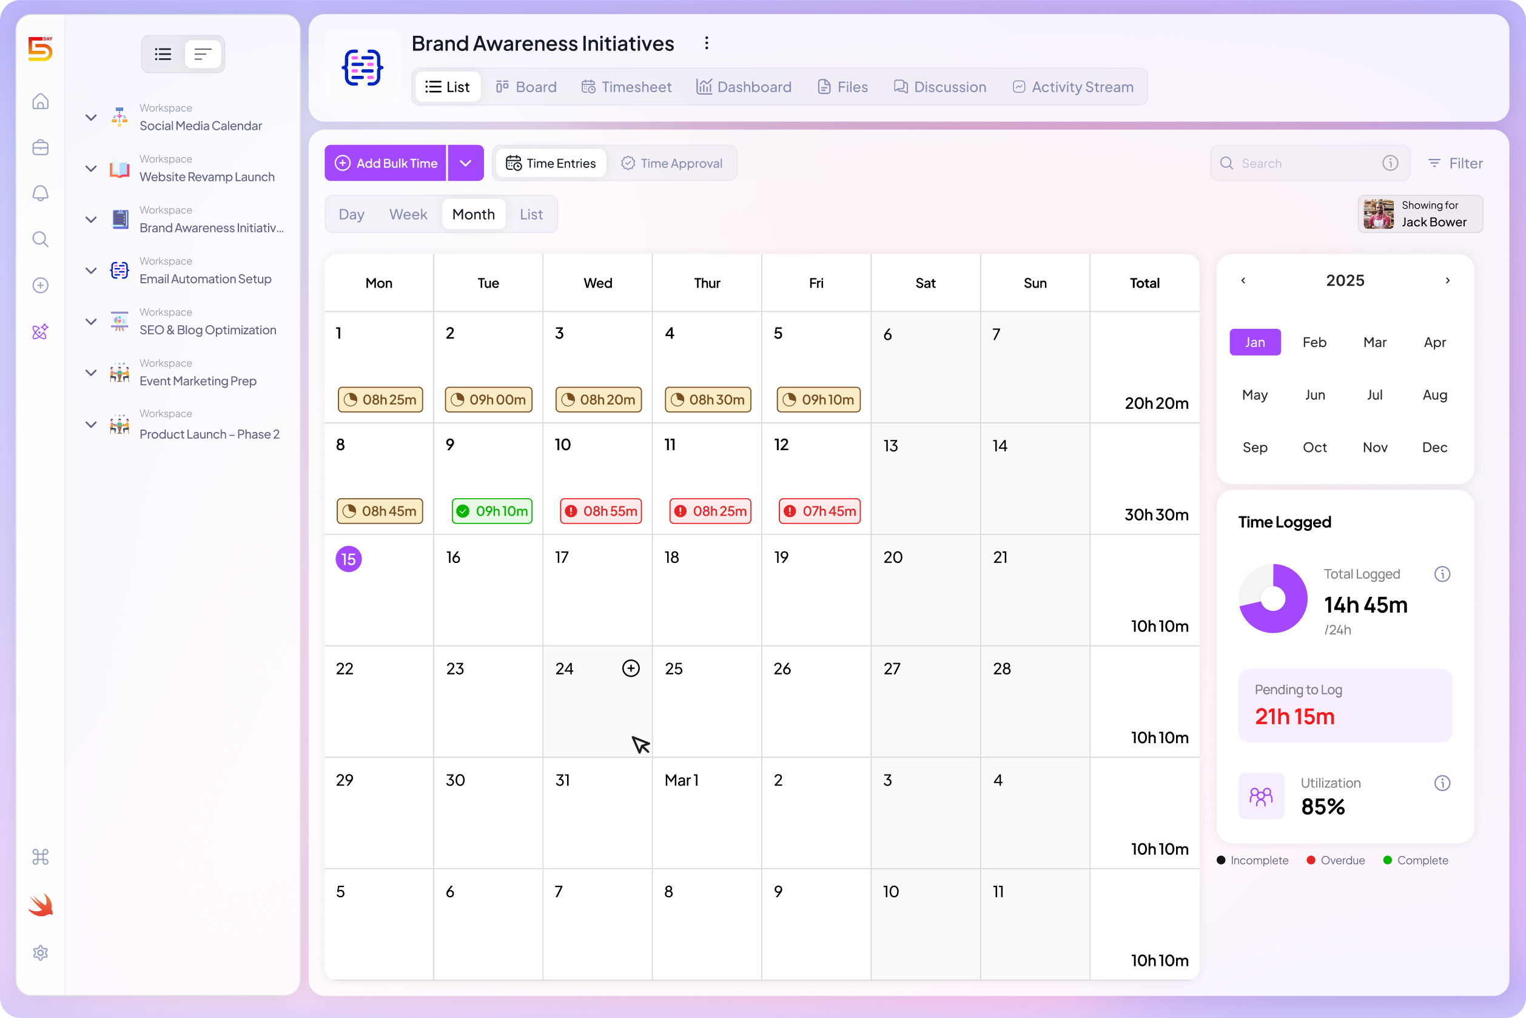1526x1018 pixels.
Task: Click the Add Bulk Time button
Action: pyautogui.click(x=386, y=163)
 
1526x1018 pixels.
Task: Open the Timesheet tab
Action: pyautogui.click(x=627, y=87)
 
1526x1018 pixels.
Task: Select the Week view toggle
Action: pyautogui.click(x=408, y=214)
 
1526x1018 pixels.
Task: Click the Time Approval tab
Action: pyautogui.click(x=672, y=163)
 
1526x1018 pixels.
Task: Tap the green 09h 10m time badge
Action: pyautogui.click(x=492, y=511)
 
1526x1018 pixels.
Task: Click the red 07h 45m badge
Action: pyautogui.click(x=819, y=511)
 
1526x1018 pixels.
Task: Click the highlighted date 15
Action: pyautogui.click(x=349, y=559)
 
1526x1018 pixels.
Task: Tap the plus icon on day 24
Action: pyautogui.click(x=631, y=668)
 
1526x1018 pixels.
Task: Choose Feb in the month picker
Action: pyautogui.click(x=1314, y=342)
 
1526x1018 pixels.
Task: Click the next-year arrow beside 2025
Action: pyautogui.click(x=1448, y=280)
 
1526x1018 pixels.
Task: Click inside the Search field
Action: pyautogui.click(x=1305, y=163)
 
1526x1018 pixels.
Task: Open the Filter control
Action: pyautogui.click(x=1456, y=163)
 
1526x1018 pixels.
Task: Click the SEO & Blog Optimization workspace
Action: pyautogui.click(x=207, y=330)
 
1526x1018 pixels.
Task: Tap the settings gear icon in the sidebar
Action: pyautogui.click(x=40, y=952)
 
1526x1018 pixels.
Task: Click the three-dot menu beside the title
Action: pyautogui.click(x=707, y=44)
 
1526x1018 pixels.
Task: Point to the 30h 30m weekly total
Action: pyautogui.click(x=1156, y=515)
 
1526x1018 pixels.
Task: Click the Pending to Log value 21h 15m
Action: pyautogui.click(x=1294, y=716)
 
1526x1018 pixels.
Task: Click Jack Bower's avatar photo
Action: pyautogui.click(x=1378, y=214)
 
